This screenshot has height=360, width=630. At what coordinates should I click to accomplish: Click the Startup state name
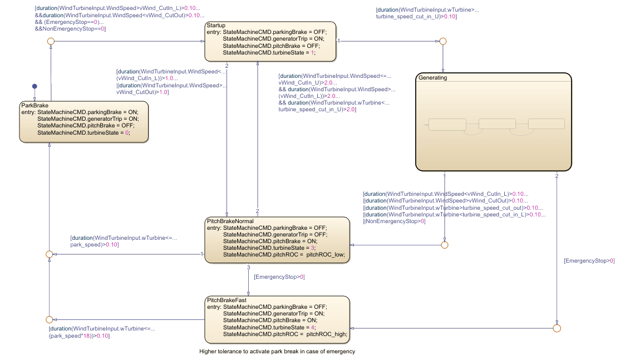pyautogui.click(x=216, y=26)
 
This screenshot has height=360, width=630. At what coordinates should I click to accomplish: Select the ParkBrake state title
pyautogui.click(x=35, y=105)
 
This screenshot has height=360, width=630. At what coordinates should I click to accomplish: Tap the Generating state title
pyautogui.click(x=432, y=78)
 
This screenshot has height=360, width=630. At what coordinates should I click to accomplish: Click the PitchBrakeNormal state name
pyautogui.click(x=230, y=221)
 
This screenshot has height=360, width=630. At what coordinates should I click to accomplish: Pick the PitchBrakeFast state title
pyautogui.click(x=227, y=300)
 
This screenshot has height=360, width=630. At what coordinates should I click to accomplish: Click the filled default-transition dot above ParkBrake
pyautogui.click(x=35, y=86)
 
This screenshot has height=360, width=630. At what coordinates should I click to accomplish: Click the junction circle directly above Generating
pyautogui.click(x=443, y=41)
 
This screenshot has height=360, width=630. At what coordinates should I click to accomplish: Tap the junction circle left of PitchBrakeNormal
pyautogui.click(x=49, y=254)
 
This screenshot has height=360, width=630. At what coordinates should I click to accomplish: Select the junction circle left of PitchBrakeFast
pyautogui.click(x=49, y=319)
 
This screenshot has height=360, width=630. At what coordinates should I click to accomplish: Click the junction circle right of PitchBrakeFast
pyautogui.click(x=557, y=328)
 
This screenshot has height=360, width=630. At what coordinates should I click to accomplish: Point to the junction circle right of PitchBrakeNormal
pyautogui.click(x=444, y=245)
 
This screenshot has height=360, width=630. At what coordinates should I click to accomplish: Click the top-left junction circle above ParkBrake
pyautogui.click(x=51, y=41)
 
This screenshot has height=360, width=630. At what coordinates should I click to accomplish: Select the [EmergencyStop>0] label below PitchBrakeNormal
pyautogui.click(x=279, y=277)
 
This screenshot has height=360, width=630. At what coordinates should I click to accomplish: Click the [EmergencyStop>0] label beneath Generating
pyautogui.click(x=589, y=260)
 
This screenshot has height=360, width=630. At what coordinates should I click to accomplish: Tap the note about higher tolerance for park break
pyautogui.click(x=277, y=352)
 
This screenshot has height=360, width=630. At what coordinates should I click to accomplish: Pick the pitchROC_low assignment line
pyautogui.click(x=284, y=254)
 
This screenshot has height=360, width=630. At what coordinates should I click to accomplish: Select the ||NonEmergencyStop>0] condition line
pyautogui.click(x=394, y=221)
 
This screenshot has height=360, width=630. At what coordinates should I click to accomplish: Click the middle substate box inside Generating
pyautogui.click(x=497, y=124)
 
